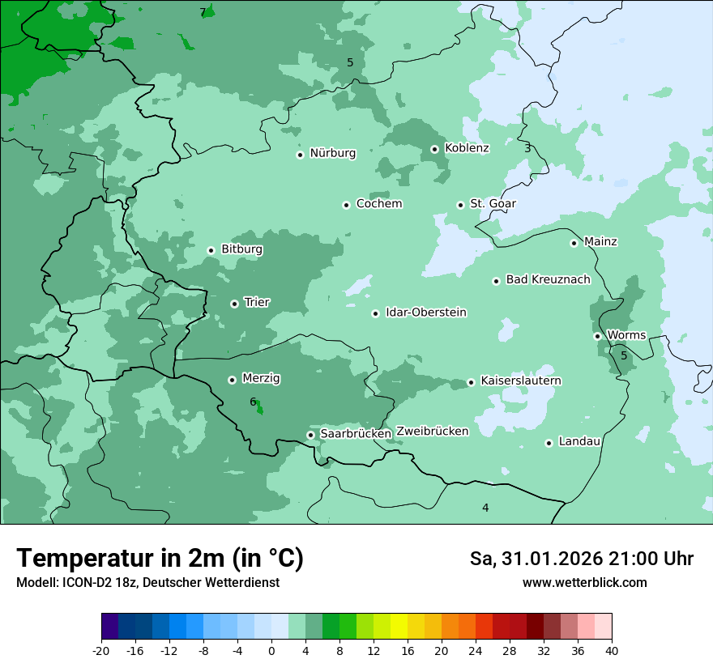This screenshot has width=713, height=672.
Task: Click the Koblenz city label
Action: click(x=467, y=148)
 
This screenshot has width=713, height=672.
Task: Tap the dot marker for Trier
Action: click(x=234, y=304)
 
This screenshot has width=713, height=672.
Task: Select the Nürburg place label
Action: click(x=332, y=153)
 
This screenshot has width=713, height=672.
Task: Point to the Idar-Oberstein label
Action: click(x=426, y=313)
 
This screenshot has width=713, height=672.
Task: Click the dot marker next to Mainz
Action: click(x=574, y=243)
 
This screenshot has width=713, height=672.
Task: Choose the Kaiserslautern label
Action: click(x=521, y=381)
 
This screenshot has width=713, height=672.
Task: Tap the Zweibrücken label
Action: click(x=432, y=432)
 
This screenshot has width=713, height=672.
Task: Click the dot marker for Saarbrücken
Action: click(x=310, y=435)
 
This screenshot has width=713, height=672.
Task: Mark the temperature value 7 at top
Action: click(x=203, y=12)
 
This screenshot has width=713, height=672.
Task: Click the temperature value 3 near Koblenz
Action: click(x=527, y=148)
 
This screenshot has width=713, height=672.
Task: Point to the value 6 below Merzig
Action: click(x=253, y=402)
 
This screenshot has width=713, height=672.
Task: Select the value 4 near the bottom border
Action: click(x=485, y=508)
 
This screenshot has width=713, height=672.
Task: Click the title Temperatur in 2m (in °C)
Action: click(x=160, y=559)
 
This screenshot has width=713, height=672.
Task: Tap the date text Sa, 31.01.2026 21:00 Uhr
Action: click(x=581, y=559)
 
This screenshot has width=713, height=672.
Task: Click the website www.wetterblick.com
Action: click(x=584, y=582)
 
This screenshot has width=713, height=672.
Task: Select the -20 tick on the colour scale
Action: click(x=101, y=650)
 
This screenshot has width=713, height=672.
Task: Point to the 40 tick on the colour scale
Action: click(x=612, y=650)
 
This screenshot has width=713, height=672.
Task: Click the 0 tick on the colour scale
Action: click(x=271, y=650)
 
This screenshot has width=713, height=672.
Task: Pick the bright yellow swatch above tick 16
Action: click(x=399, y=626)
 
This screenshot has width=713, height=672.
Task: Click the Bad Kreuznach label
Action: click(x=548, y=279)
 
